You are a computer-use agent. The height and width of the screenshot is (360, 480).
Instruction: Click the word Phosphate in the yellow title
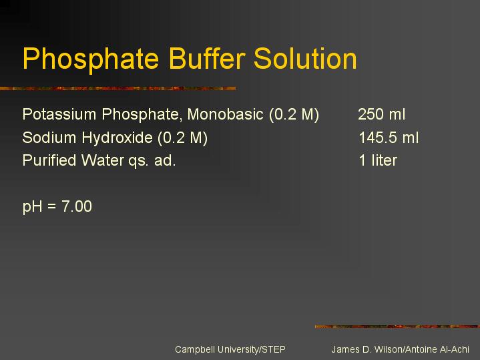[91, 59]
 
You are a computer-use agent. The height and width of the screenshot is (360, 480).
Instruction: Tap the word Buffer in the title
[207, 58]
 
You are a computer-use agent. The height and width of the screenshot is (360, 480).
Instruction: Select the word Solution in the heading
[305, 58]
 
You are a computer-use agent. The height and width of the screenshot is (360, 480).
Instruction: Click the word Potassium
[59, 114]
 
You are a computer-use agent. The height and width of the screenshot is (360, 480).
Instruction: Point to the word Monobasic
[225, 114]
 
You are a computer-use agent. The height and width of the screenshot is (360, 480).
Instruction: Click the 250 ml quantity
[382, 114]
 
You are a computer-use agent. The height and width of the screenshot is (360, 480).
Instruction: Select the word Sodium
[49, 138]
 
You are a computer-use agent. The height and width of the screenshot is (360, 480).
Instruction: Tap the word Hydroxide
[117, 138]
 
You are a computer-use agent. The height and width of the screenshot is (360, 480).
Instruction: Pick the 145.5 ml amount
[389, 138]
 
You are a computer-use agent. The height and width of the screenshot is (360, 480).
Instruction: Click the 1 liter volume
[378, 160]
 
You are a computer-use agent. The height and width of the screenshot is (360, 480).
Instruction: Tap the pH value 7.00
[77, 206]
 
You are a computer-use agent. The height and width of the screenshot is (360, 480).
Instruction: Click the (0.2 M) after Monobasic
[294, 115]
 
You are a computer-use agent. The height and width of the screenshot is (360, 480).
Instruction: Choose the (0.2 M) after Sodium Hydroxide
[183, 138]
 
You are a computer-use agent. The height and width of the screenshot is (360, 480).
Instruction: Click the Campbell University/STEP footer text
[230, 349]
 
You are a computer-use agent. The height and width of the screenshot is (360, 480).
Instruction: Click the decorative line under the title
[118, 89]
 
